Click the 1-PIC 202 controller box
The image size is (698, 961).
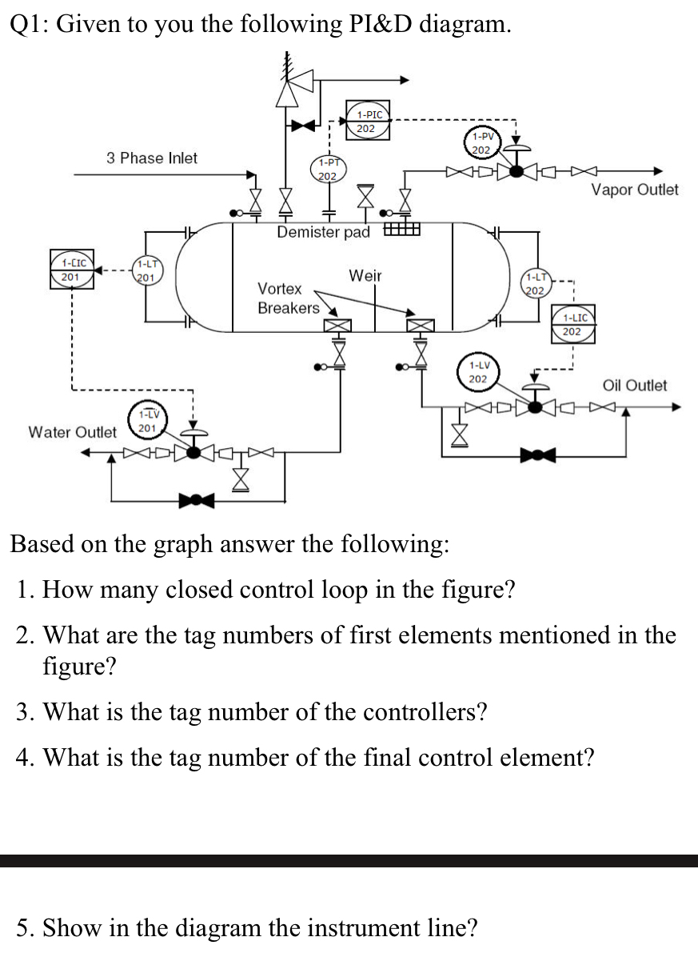pyautogui.click(x=366, y=121)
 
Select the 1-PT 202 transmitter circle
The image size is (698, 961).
pyautogui.click(x=327, y=169)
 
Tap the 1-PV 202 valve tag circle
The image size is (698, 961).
pyautogui.click(x=481, y=143)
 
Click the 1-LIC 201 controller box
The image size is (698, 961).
pyautogui.click(x=72, y=270)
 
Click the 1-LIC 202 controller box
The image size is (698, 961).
pyautogui.click(x=572, y=324)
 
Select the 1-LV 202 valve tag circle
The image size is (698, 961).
pyautogui.click(x=478, y=372)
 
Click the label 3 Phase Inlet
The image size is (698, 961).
pyautogui.click(x=152, y=158)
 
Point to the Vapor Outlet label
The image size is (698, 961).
pyautogui.click(x=634, y=190)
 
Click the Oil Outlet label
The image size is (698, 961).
pyautogui.click(x=634, y=386)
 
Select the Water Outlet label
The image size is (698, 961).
pyautogui.click(x=72, y=432)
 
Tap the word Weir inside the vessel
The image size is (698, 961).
pyautogui.click(x=365, y=276)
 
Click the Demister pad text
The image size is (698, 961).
pyautogui.click(x=323, y=233)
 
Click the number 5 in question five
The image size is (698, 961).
pyautogui.click(x=23, y=928)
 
